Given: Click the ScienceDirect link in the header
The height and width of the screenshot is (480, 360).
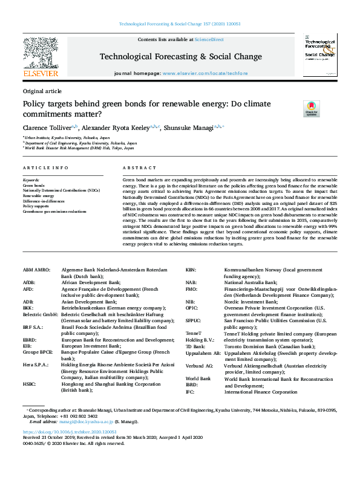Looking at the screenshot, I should click(x=209, y=39).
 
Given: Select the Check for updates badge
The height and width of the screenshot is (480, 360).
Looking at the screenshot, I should click(x=311, y=109).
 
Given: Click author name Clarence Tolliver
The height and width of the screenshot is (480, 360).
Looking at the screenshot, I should click(x=46, y=128).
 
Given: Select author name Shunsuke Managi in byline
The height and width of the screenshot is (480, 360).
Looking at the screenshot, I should click(x=195, y=128).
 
